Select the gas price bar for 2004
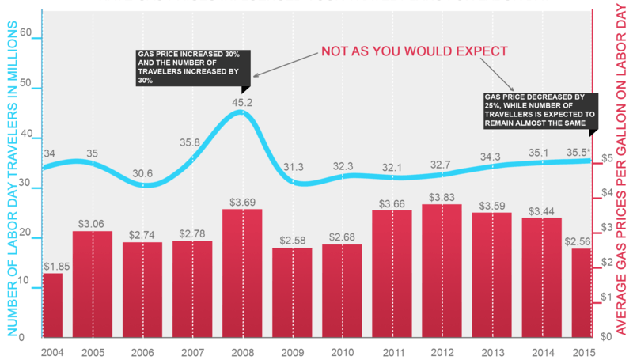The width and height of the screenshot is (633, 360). [52, 305]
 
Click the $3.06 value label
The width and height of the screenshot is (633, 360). [92, 223]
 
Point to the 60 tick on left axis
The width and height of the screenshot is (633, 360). [27, 34]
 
